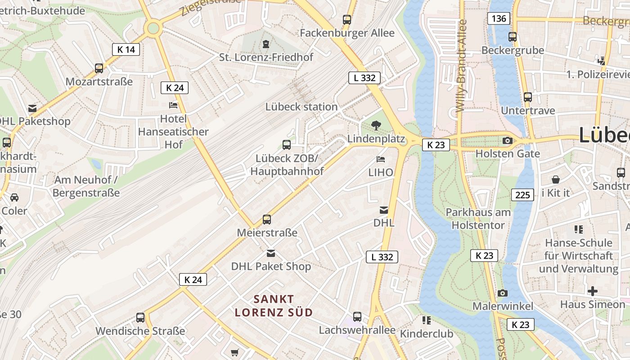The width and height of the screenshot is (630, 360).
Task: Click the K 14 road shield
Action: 126,49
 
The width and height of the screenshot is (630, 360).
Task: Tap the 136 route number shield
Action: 499,18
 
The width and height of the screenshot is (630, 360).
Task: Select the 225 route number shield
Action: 522,195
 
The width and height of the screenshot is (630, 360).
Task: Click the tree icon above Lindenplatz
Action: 376,126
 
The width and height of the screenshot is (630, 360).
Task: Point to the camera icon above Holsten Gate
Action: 508,141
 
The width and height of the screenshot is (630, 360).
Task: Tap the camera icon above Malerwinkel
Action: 503,293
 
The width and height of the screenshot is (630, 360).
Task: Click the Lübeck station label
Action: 301,107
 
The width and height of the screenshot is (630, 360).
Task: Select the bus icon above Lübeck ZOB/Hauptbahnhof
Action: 287,145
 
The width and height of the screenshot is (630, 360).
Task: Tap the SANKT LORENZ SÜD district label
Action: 274,306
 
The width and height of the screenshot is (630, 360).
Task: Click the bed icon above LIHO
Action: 381,159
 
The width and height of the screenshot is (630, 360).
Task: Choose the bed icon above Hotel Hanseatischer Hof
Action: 173,105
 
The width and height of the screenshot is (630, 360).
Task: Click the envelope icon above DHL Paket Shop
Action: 270,253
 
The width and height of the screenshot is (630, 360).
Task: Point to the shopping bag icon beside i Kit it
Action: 556,180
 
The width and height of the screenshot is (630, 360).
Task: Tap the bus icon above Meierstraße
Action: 267,220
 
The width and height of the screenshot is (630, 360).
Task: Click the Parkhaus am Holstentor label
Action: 478,219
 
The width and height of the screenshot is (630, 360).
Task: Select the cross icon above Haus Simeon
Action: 593,291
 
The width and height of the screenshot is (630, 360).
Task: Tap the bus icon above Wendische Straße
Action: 140,318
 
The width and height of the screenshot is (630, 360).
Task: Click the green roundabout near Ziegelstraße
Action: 153,28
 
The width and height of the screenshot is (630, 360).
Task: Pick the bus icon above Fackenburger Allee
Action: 347,20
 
